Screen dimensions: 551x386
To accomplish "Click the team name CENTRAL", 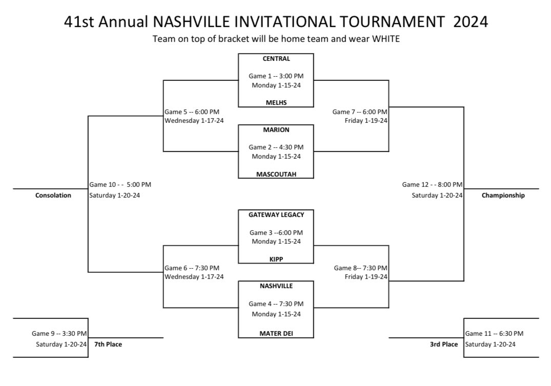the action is click(x=276, y=58).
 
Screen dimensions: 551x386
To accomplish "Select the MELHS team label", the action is click(x=276, y=102).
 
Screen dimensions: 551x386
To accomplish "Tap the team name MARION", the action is click(x=276, y=130).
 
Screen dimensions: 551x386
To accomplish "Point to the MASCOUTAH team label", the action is click(x=276, y=174).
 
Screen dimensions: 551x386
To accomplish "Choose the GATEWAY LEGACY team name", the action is click(x=276, y=215).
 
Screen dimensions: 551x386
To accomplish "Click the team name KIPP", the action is click(x=276, y=259).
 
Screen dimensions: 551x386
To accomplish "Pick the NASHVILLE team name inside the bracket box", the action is click(x=276, y=286).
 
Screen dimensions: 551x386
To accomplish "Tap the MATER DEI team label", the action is click(x=276, y=334).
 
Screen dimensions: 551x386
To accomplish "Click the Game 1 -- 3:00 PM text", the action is click(x=276, y=76).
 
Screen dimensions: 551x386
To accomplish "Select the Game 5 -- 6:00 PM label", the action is click(x=192, y=112).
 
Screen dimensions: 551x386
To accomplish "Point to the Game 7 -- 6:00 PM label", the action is click(x=360, y=112).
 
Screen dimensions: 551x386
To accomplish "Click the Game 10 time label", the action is click(x=120, y=184).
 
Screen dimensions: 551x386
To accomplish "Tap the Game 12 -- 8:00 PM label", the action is click(x=432, y=184).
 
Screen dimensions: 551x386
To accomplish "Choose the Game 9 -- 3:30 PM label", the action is click(x=59, y=334).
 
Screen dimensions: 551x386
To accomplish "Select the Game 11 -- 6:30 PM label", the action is click(x=494, y=334).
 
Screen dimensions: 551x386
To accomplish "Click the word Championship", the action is click(x=503, y=195).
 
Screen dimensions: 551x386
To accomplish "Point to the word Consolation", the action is click(x=53, y=195).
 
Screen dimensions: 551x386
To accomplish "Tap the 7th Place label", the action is click(x=108, y=344).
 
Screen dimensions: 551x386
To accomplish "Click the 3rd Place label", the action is click(x=443, y=344).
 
